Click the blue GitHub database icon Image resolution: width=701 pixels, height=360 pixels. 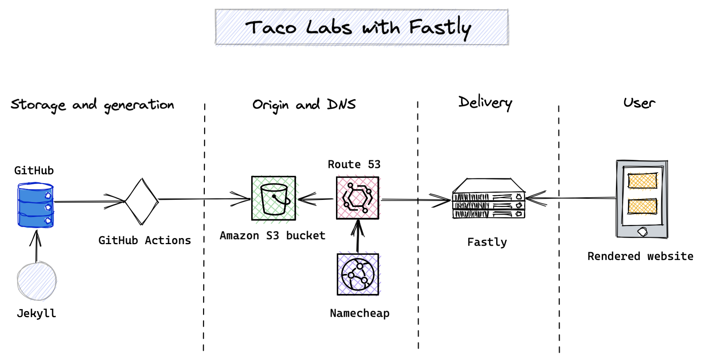click(x=35, y=205)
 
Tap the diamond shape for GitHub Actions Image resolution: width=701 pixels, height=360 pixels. click(x=142, y=201)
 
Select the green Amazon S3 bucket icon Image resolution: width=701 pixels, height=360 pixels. click(x=273, y=198)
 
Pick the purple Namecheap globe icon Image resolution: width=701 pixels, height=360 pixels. click(x=358, y=274)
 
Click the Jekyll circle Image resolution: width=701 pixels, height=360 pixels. click(x=37, y=281)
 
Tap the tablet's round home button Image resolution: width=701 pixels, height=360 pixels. click(x=642, y=232)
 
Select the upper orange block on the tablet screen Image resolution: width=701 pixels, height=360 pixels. click(x=642, y=181)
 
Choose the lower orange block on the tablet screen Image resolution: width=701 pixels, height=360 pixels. click(x=642, y=206)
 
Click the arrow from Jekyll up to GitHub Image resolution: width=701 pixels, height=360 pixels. click(x=36, y=246)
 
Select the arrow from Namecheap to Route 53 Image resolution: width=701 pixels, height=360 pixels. click(x=358, y=236)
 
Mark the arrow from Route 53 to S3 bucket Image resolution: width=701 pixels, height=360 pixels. click(x=315, y=199)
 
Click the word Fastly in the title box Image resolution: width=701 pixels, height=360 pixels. click(x=440, y=28)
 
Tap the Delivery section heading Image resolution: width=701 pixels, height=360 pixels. click(x=485, y=103)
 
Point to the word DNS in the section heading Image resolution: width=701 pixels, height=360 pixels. click(x=341, y=105)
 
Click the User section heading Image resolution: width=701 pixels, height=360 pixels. click(x=639, y=103)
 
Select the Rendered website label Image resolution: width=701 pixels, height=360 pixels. click(x=640, y=256)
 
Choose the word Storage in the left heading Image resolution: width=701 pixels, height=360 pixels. click(x=38, y=105)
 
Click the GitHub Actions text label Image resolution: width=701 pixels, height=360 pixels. click(x=145, y=241)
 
